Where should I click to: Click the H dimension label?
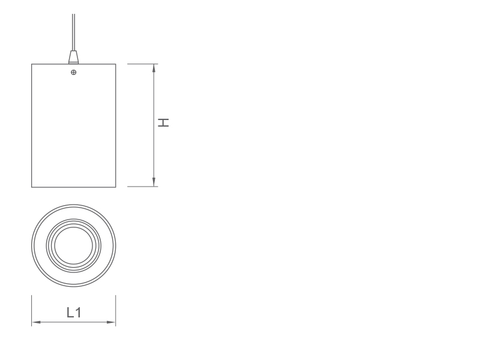163,122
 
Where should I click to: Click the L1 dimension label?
74,313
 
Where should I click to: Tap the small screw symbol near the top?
73,73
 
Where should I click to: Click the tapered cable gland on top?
73,57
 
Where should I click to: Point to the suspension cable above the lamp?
73,32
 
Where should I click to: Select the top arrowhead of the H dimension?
154,68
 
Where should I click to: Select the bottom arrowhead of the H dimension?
154,182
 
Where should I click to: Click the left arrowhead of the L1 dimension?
36,322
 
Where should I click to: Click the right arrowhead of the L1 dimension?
111,322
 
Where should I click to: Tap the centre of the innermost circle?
73,245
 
